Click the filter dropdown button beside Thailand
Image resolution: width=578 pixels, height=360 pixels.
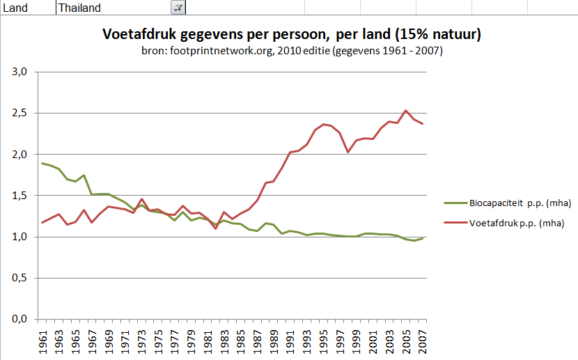click(178, 8)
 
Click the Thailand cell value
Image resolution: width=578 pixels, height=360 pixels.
click(80, 8)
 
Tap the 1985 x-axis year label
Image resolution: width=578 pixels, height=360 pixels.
click(240, 341)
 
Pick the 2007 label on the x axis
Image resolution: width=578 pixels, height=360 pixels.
click(423, 341)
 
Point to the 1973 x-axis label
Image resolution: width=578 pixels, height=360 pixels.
click(141, 341)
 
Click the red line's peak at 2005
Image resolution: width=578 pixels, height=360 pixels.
click(406, 110)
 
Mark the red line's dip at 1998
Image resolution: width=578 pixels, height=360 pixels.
click(348, 152)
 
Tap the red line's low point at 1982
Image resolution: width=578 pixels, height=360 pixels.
click(215, 228)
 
